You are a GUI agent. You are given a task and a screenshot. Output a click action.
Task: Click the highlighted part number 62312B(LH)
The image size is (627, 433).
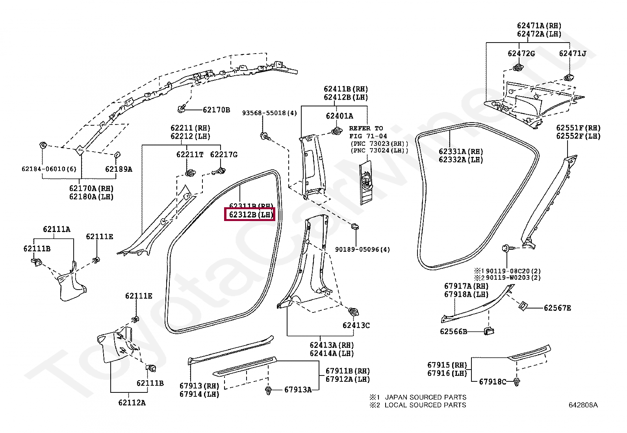[250, 215]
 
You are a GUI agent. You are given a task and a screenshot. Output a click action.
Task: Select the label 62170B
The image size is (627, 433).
[216, 110]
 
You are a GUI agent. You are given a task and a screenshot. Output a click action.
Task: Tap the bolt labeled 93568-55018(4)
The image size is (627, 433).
[264, 136]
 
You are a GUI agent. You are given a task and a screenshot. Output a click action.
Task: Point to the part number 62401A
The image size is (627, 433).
[339, 116]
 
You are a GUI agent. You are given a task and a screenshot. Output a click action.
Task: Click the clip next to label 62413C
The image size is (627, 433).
[353, 312]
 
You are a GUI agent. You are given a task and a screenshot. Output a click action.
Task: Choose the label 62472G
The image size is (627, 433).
[521, 53]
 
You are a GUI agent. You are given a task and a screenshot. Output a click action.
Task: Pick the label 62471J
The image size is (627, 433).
[572, 53]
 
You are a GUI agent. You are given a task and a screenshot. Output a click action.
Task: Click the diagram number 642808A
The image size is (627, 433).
[583, 405]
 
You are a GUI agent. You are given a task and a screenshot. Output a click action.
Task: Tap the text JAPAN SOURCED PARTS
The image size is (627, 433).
[425, 397]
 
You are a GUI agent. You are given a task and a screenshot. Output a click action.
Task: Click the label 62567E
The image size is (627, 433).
[557, 308]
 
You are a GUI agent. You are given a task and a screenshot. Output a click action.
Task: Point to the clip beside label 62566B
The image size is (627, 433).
[489, 331]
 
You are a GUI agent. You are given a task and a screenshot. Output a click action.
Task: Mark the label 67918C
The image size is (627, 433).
[492, 381]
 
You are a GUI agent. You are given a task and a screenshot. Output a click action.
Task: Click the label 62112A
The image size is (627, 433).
[132, 402]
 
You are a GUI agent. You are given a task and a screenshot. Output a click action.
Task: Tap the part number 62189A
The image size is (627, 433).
[119, 169]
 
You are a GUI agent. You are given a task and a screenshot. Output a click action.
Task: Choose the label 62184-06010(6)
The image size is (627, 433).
[49, 169]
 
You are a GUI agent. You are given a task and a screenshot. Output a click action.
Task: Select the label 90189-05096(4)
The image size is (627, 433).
[362, 249]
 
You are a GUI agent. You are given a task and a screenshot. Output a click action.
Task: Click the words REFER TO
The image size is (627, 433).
[366, 128]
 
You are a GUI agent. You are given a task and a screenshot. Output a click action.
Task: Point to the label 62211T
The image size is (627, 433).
[189, 154]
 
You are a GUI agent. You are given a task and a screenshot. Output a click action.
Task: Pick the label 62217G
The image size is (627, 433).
[224, 154]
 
